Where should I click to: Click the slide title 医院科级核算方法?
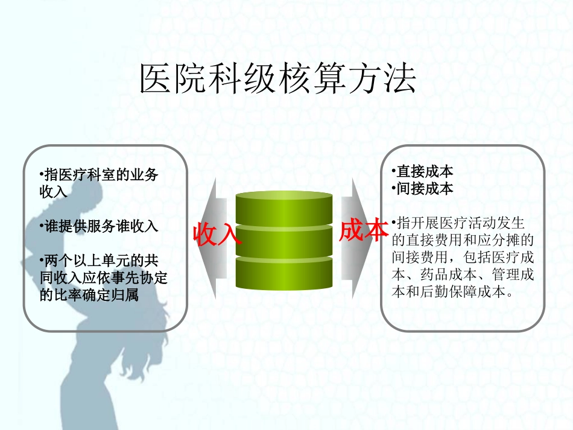(278, 79)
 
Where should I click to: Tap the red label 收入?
(217, 234)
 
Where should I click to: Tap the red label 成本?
(364, 230)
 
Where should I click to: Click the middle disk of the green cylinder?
(283, 241)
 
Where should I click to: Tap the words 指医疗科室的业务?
(99, 175)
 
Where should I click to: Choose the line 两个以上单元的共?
(99, 261)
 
